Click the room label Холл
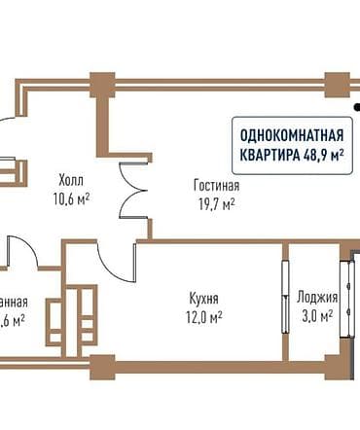72,180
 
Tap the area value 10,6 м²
72,198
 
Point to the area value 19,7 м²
216,203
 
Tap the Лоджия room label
318,299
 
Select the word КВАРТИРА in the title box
270,153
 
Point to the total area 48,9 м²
325,153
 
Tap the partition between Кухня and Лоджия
284,297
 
